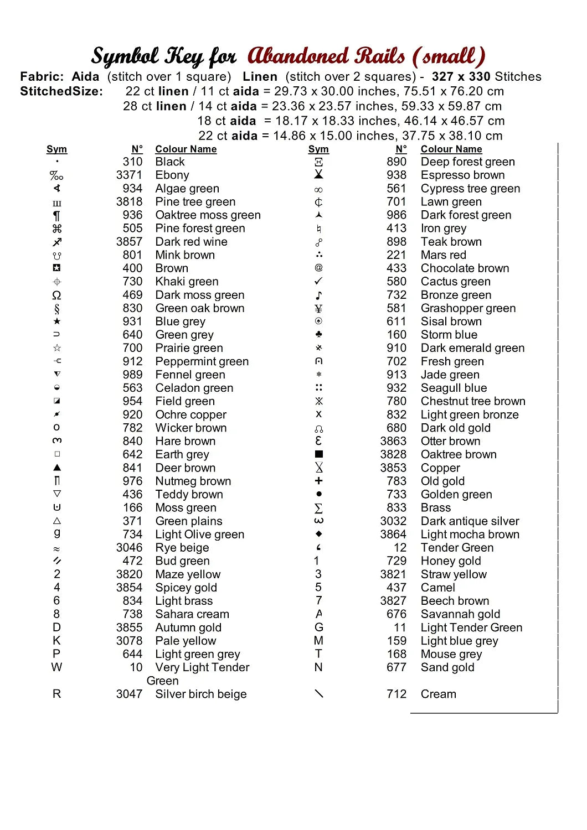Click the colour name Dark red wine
(191, 242)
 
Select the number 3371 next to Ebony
(129, 175)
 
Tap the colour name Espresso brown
(462, 175)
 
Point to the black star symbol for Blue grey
(57, 321)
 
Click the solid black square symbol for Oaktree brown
(318, 454)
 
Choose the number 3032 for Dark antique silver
(393, 521)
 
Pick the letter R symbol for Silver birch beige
(56, 694)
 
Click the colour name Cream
(438, 694)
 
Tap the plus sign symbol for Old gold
(318, 481)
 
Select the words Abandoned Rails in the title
(326, 56)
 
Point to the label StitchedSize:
(61, 91)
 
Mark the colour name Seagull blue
(454, 388)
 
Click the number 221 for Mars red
(397, 255)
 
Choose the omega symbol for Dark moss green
(56, 295)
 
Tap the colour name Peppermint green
(202, 361)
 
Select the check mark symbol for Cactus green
(318, 282)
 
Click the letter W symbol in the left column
(56, 667)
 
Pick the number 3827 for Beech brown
(393, 601)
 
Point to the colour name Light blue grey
(459, 641)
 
